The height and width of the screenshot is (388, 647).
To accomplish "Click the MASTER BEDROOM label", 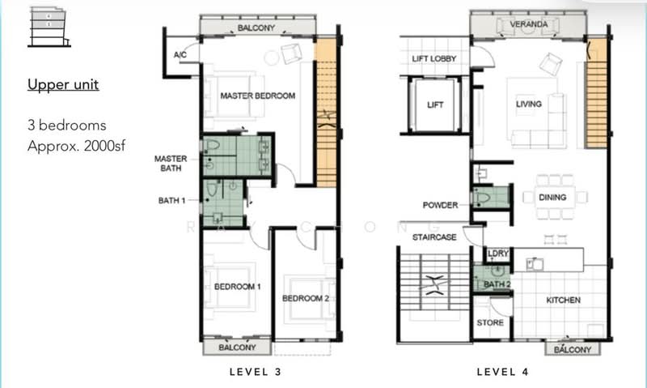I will tap(257, 96).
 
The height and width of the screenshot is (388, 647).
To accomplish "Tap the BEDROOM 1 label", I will tap(237, 288).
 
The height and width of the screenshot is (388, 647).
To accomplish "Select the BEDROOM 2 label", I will tap(305, 299).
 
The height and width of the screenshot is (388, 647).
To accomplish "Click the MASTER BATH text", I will tap(171, 164).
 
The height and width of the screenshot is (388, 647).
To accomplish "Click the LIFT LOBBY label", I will tap(434, 59).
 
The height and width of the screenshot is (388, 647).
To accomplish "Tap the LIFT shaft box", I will tap(435, 105).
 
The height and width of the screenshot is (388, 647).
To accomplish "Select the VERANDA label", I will tap(531, 25).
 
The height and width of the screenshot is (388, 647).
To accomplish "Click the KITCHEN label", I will tap(563, 301).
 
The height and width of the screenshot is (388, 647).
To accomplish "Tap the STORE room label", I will tap(491, 323).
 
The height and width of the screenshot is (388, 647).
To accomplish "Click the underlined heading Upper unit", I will tap(63, 84).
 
